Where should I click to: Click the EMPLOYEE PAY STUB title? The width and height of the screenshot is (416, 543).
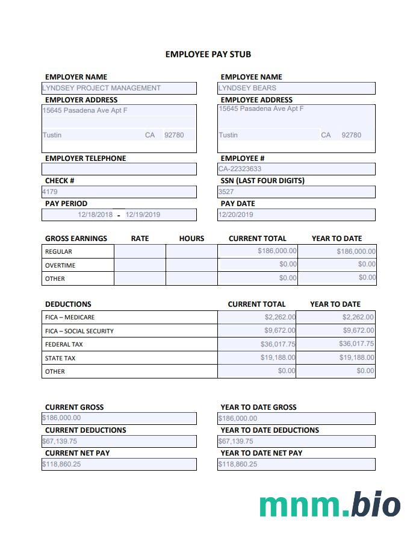click(x=208, y=54)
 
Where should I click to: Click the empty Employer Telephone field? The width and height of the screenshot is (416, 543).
click(x=119, y=169)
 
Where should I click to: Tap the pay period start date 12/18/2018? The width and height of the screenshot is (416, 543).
click(x=95, y=215)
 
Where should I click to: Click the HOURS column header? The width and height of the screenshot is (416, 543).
click(x=191, y=239)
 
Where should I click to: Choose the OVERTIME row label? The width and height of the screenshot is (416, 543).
click(x=60, y=265)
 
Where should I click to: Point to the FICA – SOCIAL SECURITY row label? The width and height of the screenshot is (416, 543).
click(x=79, y=331)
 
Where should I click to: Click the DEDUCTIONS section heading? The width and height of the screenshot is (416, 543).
click(x=68, y=304)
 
